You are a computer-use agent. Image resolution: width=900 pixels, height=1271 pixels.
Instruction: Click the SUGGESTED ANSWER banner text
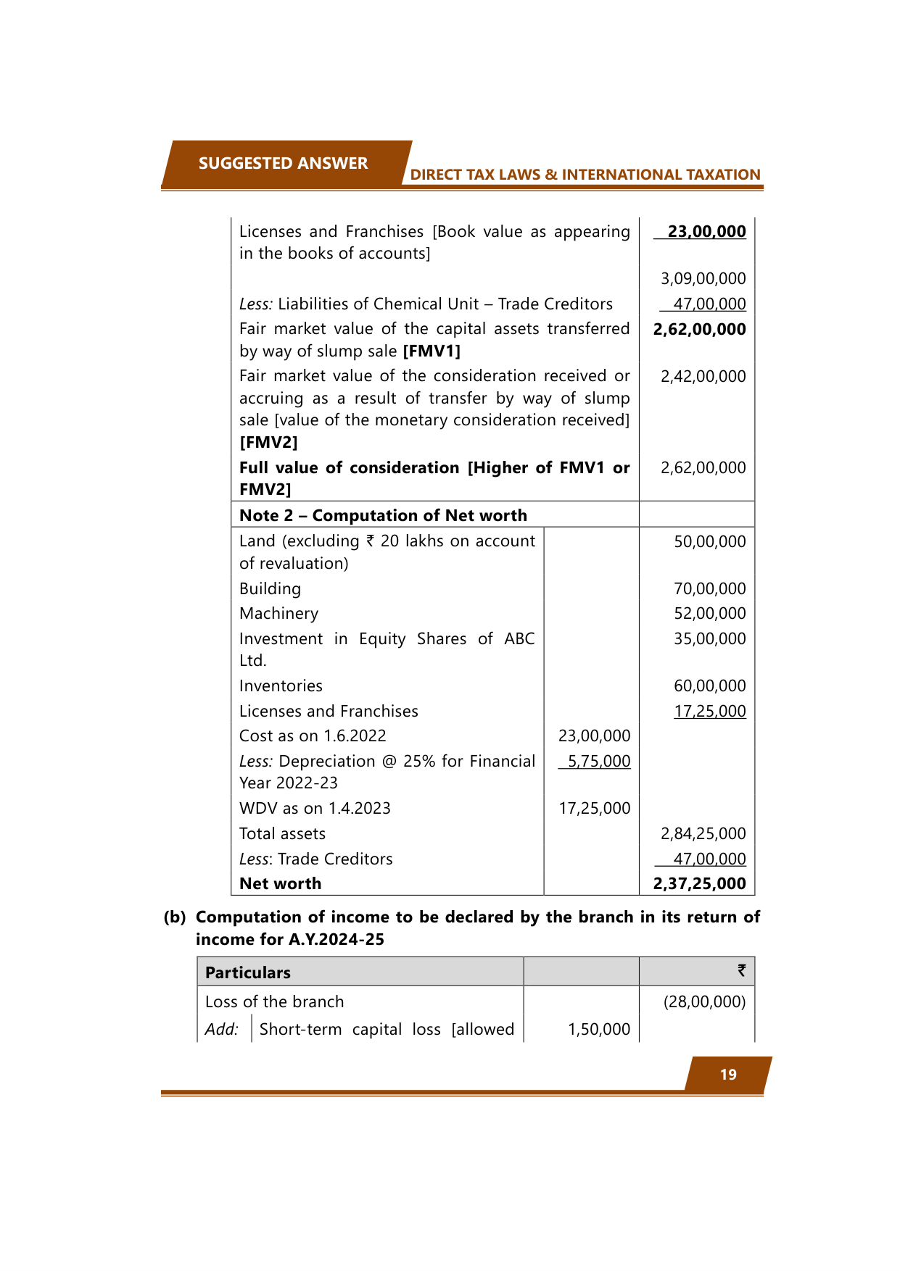point(283,163)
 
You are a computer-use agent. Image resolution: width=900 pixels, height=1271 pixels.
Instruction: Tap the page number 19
point(728,1075)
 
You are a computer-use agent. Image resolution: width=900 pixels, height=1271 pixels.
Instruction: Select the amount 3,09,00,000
point(703,279)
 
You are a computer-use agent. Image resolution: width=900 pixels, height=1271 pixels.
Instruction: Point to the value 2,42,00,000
point(703,377)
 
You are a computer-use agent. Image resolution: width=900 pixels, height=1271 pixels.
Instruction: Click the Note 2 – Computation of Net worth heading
point(383,515)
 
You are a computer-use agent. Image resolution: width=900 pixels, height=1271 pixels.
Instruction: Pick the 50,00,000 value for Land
point(709,542)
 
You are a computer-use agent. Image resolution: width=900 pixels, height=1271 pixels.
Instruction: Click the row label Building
point(270,589)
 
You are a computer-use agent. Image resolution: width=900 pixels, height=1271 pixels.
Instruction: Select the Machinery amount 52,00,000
point(709,614)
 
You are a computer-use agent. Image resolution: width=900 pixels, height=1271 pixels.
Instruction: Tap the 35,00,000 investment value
point(709,639)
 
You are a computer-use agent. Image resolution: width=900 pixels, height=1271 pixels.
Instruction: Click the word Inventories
point(281,686)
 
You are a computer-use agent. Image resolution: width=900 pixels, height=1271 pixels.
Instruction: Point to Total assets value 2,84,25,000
point(703,834)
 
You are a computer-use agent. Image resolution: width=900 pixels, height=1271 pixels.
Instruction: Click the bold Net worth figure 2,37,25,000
point(699,884)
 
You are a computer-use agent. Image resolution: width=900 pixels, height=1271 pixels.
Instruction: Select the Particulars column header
point(247,972)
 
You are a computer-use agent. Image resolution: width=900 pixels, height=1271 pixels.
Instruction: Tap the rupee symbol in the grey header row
point(741,971)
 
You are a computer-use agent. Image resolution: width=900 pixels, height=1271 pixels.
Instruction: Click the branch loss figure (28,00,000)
point(704,1002)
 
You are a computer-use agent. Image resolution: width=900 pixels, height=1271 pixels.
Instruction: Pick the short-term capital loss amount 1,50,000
point(598,1030)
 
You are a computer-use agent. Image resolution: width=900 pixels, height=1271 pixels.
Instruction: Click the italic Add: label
point(221,1030)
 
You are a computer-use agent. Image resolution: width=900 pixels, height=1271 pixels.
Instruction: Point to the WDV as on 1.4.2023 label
point(315,809)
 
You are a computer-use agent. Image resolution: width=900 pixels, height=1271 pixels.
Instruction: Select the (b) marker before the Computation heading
point(175,917)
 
